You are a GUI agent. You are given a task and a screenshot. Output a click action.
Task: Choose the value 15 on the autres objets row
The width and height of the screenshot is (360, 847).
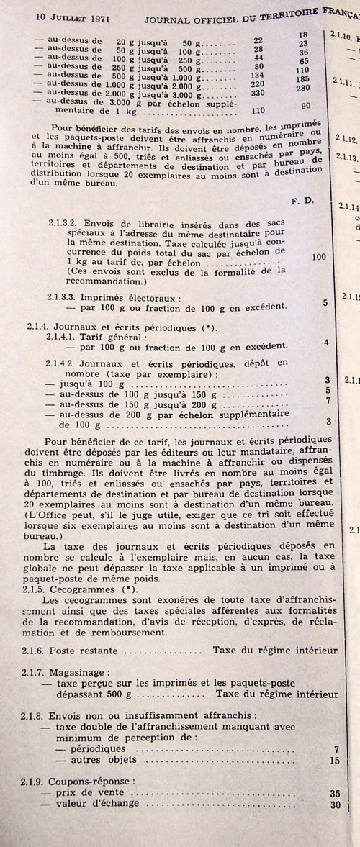click(333, 759)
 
